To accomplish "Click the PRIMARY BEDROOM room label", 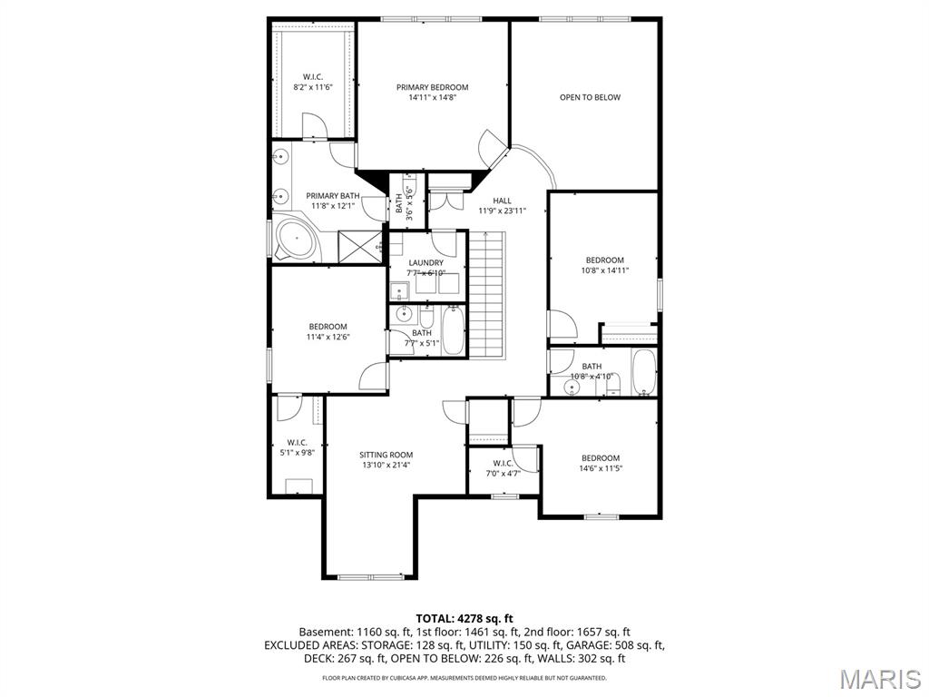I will tap(432, 87).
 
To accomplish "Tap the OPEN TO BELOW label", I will tap(590, 97).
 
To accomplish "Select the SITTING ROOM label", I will tap(386, 455).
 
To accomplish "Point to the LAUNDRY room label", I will tap(425, 262).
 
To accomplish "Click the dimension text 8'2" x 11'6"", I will tap(313, 87).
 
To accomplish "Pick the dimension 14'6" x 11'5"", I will tap(601, 468).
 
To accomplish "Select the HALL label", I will tap(502, 201).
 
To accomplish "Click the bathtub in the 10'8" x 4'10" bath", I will tap(644, 373).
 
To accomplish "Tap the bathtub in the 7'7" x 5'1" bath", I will tap(454, 331).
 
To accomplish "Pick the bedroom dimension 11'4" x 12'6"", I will tap(328, 337).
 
